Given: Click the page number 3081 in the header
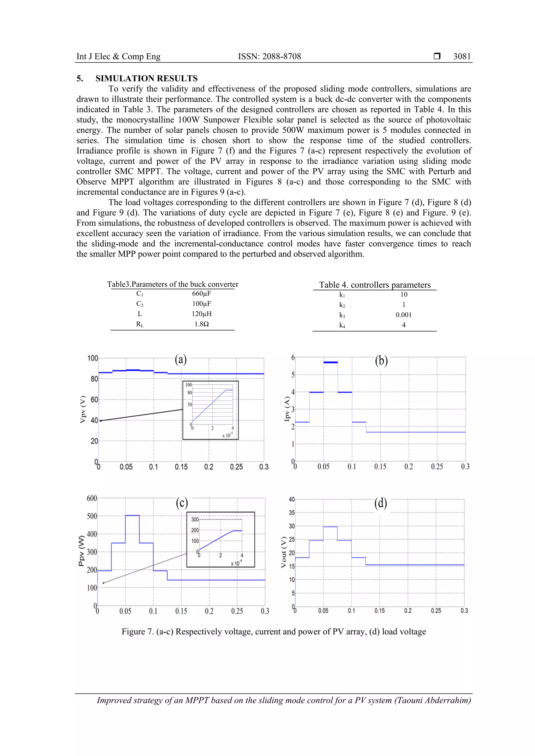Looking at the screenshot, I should pyautogui.click(x=462, y=56).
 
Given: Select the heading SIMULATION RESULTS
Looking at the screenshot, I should pyautogui.click(x=146, y=78).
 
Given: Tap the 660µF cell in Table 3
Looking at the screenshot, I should pyautogui.click(x=201, y=293).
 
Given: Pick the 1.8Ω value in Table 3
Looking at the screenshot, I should pyautogui.click(x=201, y=324).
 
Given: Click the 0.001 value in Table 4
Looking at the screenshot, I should pyautogui.click(x=404, y=315).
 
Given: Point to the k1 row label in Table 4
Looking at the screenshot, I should pyautogui.click(x=342, y=295).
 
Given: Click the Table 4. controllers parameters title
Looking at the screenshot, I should pyautogui.click(x=375, y=285).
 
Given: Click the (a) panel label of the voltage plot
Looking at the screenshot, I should pyautogui.click(x=181, y=359).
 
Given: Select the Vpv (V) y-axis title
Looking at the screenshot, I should pyautogui.click(x=83, y=409).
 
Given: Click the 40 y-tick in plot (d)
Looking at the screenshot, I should pyautogui.click(x=292, y=499).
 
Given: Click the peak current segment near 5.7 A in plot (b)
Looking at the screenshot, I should pyautogui.click(x=330, y=362).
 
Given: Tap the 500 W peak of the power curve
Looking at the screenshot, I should pyautogui.click(x=132, y=516).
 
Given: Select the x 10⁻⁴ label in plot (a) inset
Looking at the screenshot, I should pyautogui.click(x=227, y=435).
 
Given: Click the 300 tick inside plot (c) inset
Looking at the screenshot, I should pyautogui.click(x=195, y=519).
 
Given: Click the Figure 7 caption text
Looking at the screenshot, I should pyautogui.click(x=274, y=631).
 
